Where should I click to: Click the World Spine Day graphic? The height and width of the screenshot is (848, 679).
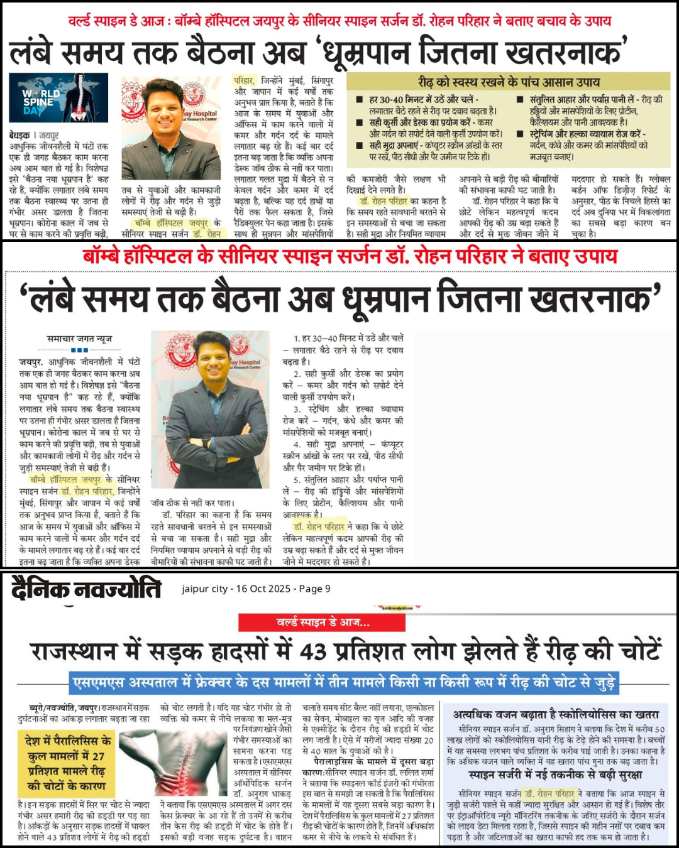pyautogui.click(x=58, y=98)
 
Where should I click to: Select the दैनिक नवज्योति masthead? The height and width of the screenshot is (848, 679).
pyautogui.click(x=86, y=590)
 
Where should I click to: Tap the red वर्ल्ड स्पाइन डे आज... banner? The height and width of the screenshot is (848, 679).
pyautogui.click(x=322, y=622)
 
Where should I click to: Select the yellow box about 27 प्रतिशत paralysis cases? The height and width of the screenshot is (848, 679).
pyautogui.click(x=66, y=763)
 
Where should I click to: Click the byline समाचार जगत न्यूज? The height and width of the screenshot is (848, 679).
pyautogui.click(x=79, y=339)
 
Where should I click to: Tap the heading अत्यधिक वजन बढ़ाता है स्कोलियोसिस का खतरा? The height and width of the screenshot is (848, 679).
pyautogui.click(x=556, y=714)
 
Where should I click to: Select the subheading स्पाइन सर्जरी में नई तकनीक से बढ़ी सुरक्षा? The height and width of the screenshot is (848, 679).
pyautogui.click(x=556, y=776)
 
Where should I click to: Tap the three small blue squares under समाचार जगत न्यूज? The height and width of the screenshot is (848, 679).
pyautogui.click(x=79, y=350)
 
